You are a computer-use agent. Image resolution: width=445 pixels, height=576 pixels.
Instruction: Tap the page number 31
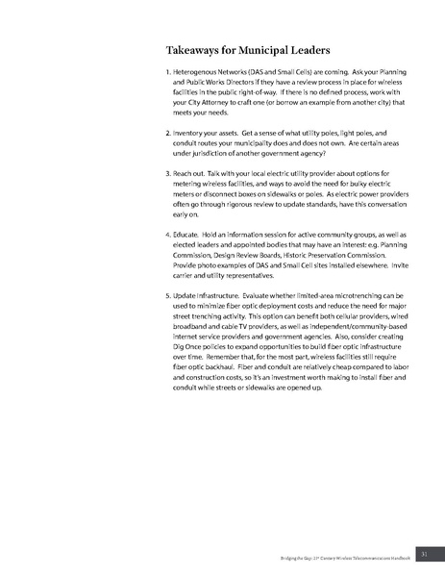coord(424,552)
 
